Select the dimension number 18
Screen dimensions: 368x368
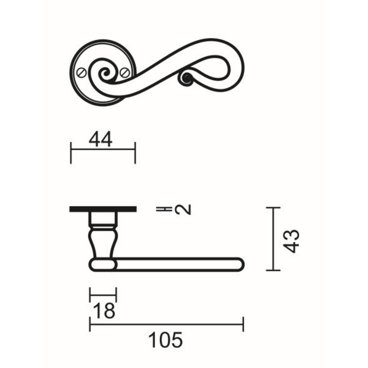pyautogui.click(x=104, y=311)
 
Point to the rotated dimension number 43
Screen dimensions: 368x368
pyautogui.click(x=292, y=241)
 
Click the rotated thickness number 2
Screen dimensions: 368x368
pyautogui.click(x=183, y=209)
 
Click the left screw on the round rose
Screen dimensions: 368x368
pyautogui.click(x=81, y=73)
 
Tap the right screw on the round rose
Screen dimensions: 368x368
pyautogui.click(x=125, y=73)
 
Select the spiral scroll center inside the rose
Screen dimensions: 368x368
pyautogui.click(x=104, y=73)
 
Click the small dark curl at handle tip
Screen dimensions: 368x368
pyautogui.click(x=186, y=79)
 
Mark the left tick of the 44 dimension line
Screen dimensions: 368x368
pyautogui.click(x=71, y=152)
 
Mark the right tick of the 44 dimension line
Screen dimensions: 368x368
pyautogui.click(x=135, y=152)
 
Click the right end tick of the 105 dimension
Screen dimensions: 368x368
pyautogui.click(x=243, y=324)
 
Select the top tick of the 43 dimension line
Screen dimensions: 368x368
pyautogui.click(x=273, y=208)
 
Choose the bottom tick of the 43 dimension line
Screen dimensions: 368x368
pyautogui.click(x=273, y=270)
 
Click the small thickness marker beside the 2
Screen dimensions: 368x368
pyautogui.click(x=163, y=209)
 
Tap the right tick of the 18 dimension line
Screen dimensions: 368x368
pyautogui.click(x=116, y=294)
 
